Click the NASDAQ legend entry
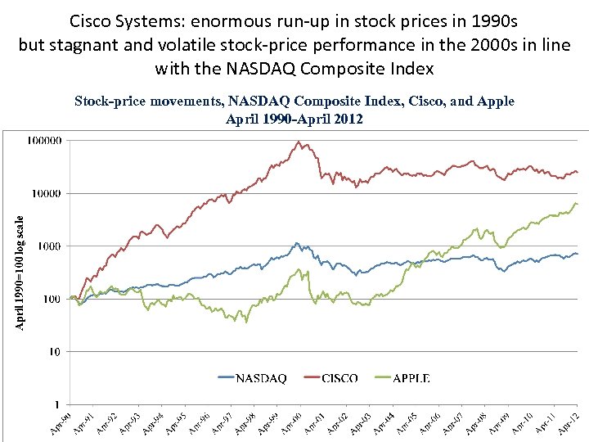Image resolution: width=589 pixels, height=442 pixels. tap(253, 377)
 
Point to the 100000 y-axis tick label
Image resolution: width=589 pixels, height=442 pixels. tap(44, 141)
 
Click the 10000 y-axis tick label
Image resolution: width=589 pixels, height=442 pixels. tap(47, 194)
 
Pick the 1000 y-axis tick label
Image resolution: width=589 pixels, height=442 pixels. tap(50, 246)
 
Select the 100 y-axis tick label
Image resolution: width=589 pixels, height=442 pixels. tap(52, 300)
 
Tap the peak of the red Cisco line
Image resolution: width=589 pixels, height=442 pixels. tap(300, 142)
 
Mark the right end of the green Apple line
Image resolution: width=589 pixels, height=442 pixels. tap(577, 203)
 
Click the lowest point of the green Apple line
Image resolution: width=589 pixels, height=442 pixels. tap(235, 322)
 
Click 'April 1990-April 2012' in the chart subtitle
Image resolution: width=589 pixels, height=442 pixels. tap(294, 118)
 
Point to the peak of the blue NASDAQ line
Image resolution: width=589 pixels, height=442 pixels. tap(296, 242)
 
